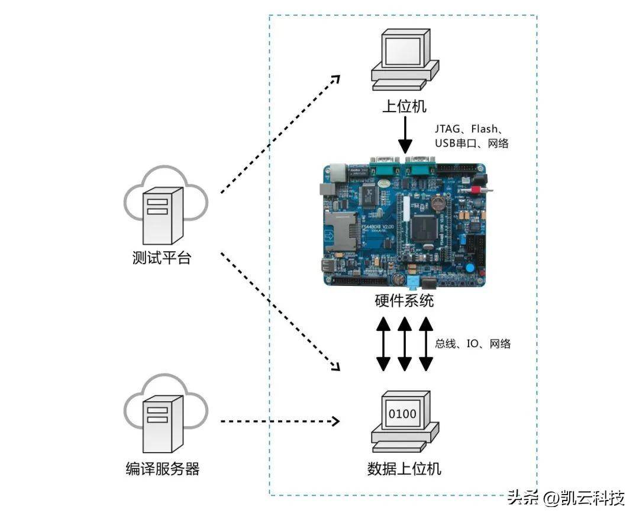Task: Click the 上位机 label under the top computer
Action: [x=404, y=106]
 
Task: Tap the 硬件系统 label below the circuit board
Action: [x=404, y=301]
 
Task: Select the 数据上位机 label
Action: [x=404, y=469]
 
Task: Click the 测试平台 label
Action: [x=162, y=258]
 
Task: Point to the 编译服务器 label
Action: [x=163, y=469]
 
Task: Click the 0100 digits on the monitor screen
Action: [x=402, y=414]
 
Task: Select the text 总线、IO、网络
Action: [x=473, y=343]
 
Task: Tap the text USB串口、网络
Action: [x=472, y=144]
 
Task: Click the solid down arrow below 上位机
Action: [x=405, y=135]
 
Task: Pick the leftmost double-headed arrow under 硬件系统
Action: [x=383, y=343]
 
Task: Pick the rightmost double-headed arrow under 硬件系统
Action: [x=425, y=343]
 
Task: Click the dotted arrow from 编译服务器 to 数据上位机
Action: [x=279, y=421]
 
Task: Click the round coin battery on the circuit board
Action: [x=437, y=204]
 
